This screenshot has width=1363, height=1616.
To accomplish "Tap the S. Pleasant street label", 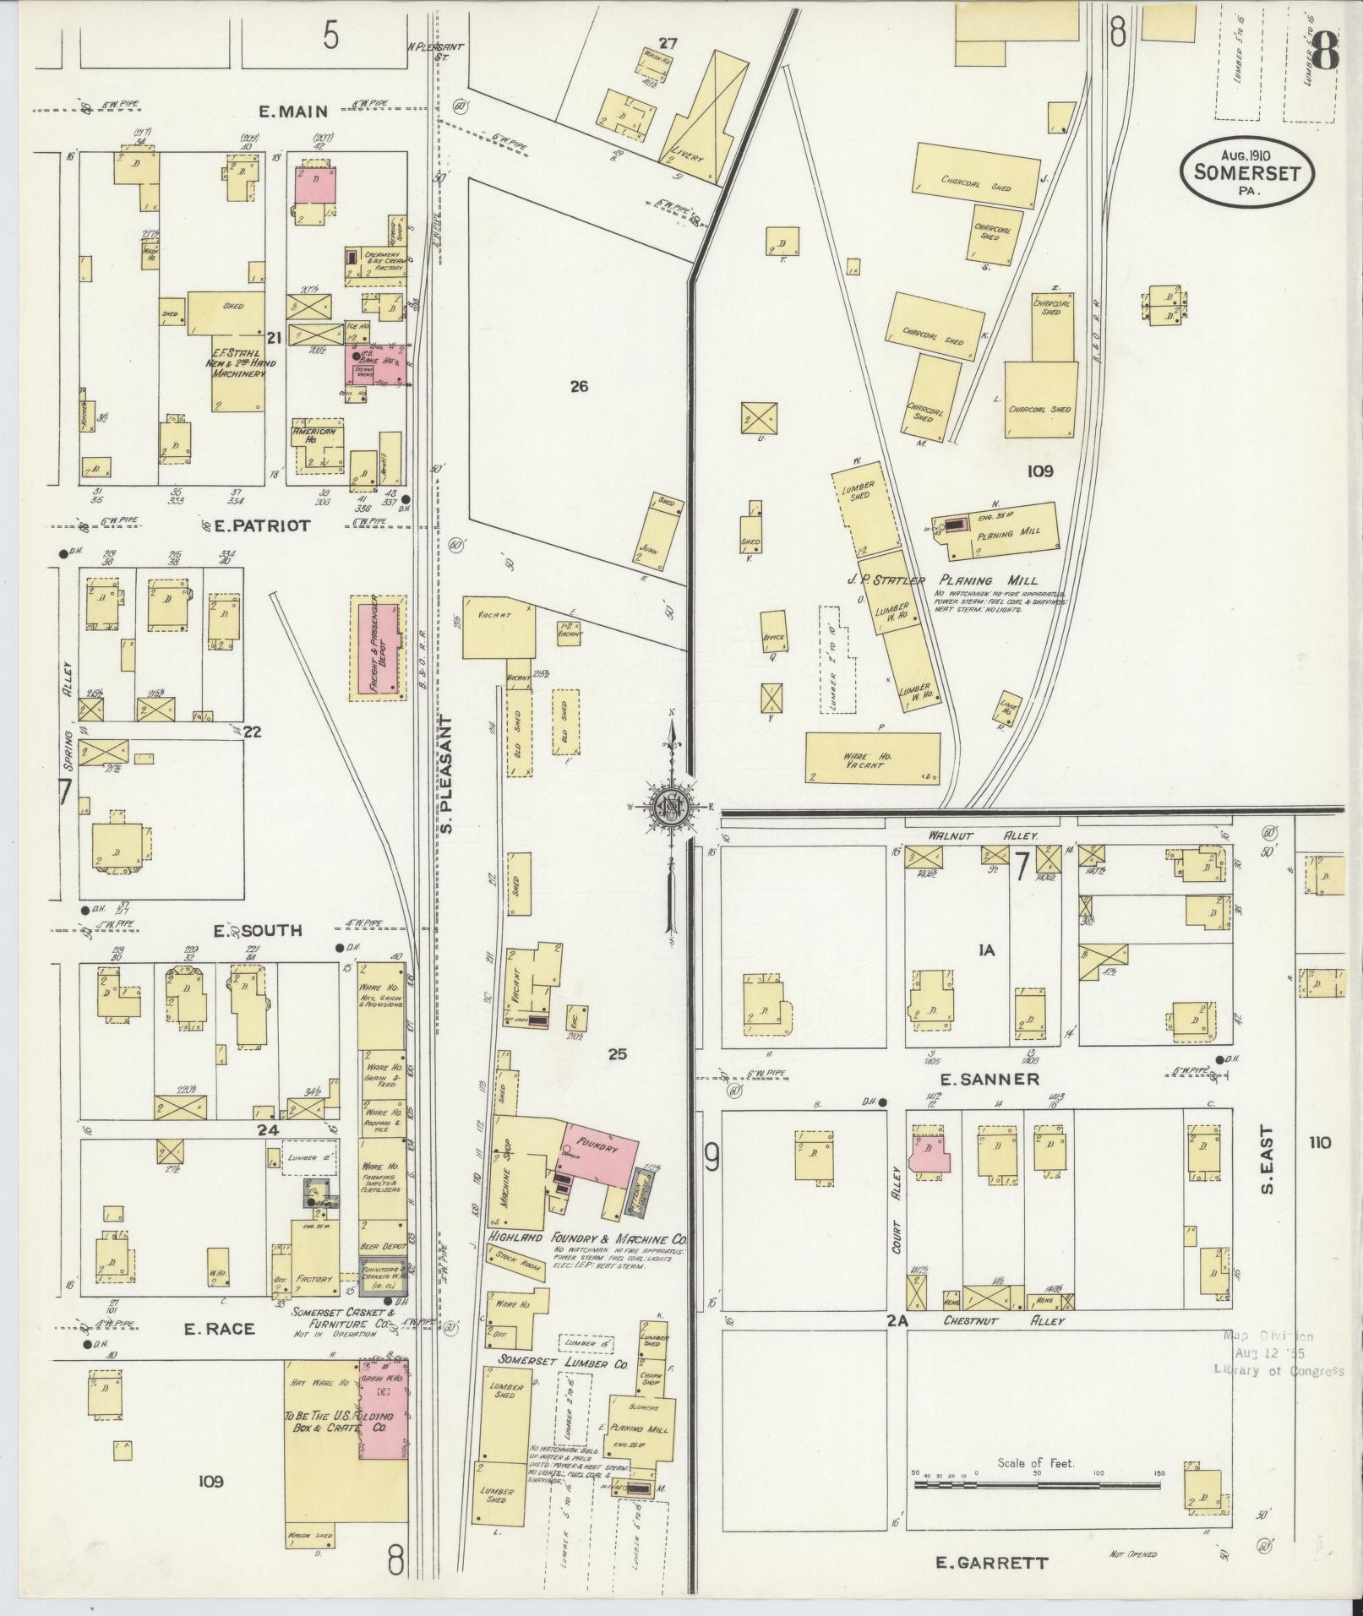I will click(x=448, y=775).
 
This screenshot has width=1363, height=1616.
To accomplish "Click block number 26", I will click(x=578, y=387).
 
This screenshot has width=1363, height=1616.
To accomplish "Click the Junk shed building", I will click(x=657, y=530).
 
